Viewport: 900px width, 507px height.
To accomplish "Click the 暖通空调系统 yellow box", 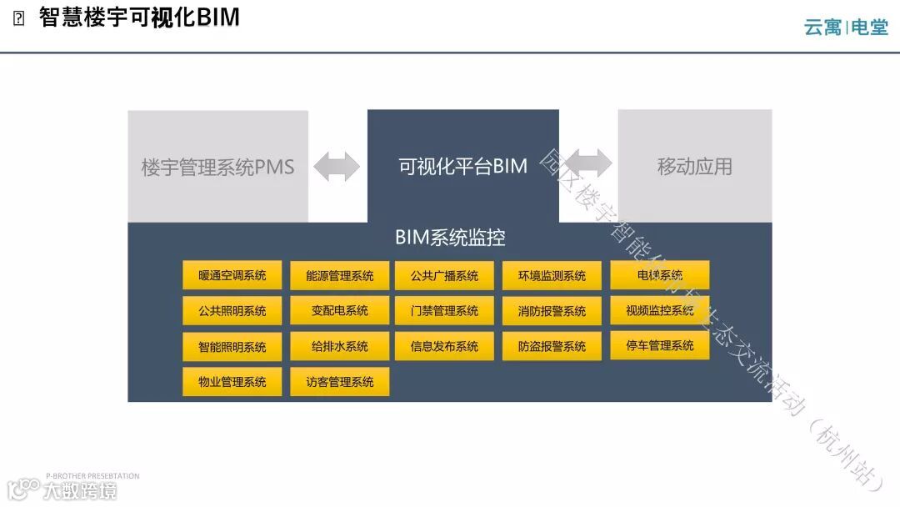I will coord(232,275).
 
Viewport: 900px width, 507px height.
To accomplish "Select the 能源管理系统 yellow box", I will coord(339,275).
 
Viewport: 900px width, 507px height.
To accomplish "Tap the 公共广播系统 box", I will coord(445,275).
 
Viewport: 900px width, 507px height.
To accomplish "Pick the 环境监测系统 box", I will coord(552,275).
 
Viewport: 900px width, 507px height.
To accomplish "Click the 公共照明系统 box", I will coord(232,310).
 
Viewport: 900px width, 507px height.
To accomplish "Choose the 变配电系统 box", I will coord(339,310).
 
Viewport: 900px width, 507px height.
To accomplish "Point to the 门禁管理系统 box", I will coord(445,310).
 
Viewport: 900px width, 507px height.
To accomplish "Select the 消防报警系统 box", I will coord(552,310).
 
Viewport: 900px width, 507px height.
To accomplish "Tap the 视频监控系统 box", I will coord(659,310).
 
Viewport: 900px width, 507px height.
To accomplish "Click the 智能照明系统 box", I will coord(232,346).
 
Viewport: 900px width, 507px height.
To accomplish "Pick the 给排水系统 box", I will coord(339,346).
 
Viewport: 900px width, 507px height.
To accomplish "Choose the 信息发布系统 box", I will coord(445,346).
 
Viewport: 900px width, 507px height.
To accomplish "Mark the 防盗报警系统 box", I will coord(552,346).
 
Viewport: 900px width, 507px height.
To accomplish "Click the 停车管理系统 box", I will coord(659,344).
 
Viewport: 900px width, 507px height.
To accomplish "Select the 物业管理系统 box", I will coord(232,381).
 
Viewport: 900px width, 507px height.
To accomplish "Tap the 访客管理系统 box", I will coord(339,381).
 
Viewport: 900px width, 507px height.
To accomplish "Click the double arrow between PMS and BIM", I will coord(337,166).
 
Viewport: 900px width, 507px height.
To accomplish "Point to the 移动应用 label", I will coord(694,166).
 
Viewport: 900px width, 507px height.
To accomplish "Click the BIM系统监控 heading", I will coord(450,238).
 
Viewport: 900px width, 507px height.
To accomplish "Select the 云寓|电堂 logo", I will coord(845,28).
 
